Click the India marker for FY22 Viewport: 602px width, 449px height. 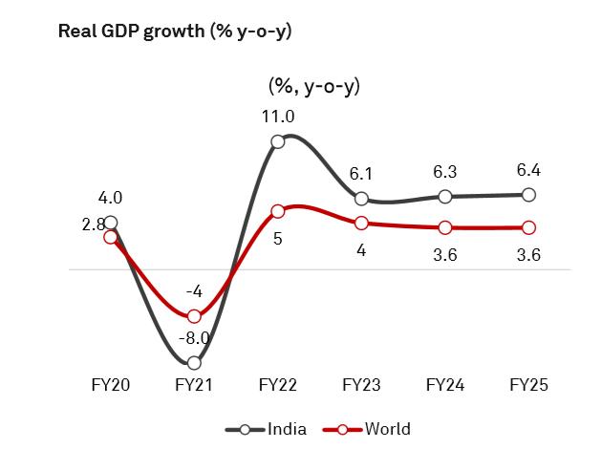pos(278,141)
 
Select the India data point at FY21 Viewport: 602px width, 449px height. pos(195,363)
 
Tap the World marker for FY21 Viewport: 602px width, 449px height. pos(195,316)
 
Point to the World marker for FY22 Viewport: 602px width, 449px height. pos(278,211)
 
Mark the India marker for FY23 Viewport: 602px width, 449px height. pos(362,199)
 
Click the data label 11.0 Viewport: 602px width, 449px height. pos(278,117)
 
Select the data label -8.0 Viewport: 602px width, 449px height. pos(195,337)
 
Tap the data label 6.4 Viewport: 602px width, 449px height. pos(528,169)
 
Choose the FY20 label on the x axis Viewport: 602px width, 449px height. pos(111,385)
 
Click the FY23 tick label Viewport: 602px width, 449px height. pos(362,385)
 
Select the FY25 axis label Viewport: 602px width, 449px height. pos(528,385)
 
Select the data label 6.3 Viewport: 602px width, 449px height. pos(445,171)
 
